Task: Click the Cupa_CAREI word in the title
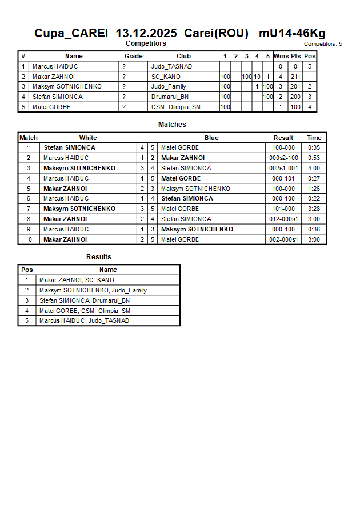click(71, 33)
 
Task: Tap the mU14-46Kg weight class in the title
click(292, 33)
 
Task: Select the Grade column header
click(134, 56)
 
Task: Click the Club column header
click(183, 56)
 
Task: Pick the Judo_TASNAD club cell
click(171, 66)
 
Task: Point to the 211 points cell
click(295, 77)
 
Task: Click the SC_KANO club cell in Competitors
click(166, 77)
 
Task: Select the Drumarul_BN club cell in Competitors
click(170, 97)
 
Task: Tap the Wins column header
click(281, 56)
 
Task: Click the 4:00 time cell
click(314, 168)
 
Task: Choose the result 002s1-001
click(283, 168)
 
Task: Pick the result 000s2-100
click(283, 158)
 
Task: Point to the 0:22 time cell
click(314, 198)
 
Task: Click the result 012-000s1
click(283, 219)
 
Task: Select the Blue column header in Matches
click(211, 138)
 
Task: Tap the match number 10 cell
click(29, 239)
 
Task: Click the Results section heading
click(99, 257)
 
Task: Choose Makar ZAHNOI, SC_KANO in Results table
click(77, 280)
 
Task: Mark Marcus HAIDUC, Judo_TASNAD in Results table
click(84, 320)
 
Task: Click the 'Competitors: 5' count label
click(323, 44)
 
